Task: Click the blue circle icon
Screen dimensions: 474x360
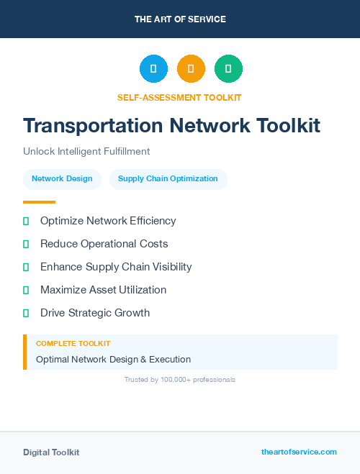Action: [x=153, y=69]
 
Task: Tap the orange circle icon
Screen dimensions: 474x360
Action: [x=191, y=69]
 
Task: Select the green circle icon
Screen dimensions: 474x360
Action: [x=228, y=69]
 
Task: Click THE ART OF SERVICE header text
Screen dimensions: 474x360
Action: [x=180, y=19]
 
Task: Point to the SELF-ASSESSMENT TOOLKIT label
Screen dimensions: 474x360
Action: [x=179, y=97]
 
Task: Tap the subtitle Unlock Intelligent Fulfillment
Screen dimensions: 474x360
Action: [x=86, y=152]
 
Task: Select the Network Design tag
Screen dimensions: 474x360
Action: [x=62, y=179]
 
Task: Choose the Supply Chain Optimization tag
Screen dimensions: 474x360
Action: [x=168, y=179]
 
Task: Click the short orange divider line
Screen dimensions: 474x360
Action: [x=39, y=202]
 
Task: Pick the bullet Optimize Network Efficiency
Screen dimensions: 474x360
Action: [x=108, y=221]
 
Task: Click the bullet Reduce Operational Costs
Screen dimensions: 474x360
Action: [x=104, y=244]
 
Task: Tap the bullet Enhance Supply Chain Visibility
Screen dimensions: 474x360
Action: [x=116, y=267]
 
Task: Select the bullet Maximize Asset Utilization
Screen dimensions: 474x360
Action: [x=103, y=290]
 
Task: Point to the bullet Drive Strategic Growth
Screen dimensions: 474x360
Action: [x=95, y=313]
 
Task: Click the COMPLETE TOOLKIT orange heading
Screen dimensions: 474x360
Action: [x=73, y=344]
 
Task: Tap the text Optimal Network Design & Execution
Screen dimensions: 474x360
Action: [x=113, y=359]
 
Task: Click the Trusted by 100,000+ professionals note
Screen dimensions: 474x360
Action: [x=180, y=379]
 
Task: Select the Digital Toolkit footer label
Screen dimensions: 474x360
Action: [x=51, y=452]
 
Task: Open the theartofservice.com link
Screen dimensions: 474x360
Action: [x=299, y=452]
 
